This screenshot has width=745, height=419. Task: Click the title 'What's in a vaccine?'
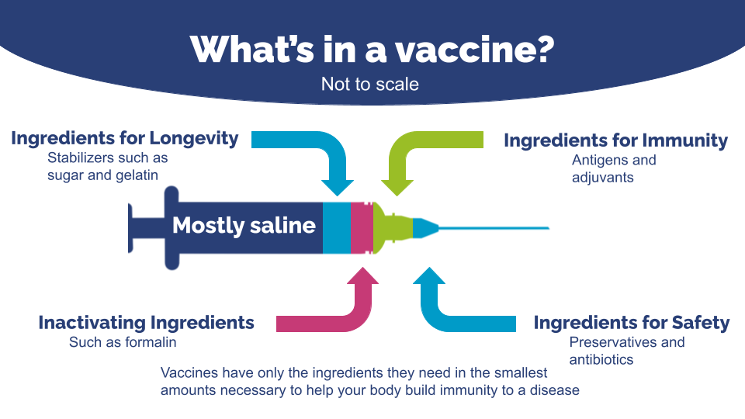372,49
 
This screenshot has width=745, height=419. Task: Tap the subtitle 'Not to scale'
370,84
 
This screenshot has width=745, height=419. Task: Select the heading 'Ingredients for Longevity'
124,139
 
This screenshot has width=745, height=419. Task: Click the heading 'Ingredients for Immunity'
615,140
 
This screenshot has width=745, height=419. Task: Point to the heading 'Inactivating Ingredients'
147,323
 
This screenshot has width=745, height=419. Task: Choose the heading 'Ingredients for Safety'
632,323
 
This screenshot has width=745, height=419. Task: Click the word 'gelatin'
137,175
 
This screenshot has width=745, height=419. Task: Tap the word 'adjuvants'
602,178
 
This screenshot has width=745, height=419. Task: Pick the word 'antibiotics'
601,359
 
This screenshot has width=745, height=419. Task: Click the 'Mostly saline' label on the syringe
244,226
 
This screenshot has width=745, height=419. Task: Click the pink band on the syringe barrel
362,228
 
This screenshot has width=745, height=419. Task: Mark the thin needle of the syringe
494,228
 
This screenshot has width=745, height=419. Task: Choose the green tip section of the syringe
392,228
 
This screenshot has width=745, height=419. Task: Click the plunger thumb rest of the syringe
130,228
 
